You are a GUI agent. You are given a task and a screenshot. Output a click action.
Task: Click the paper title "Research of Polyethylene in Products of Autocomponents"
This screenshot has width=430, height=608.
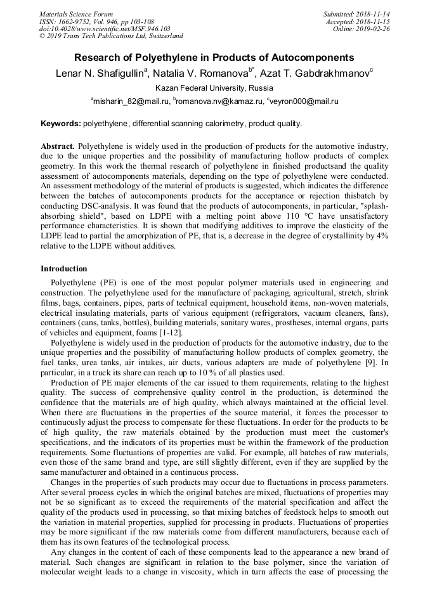click(x=214, y=58)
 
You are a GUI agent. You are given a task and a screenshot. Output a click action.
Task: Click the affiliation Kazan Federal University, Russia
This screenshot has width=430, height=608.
click(x=214, y=88)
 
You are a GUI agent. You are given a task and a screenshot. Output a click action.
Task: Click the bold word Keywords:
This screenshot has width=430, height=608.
click(x=60, y=123)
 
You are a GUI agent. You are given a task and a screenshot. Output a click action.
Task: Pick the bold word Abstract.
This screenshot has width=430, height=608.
click(x=58, y=146)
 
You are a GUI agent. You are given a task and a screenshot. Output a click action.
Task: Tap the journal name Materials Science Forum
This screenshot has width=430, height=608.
click(x=76, y=14)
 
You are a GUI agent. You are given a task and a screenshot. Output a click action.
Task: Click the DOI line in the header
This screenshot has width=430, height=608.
click(x=105, y=29)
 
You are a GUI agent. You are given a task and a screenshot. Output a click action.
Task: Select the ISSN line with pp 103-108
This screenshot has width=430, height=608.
click(x=96, y=22)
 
